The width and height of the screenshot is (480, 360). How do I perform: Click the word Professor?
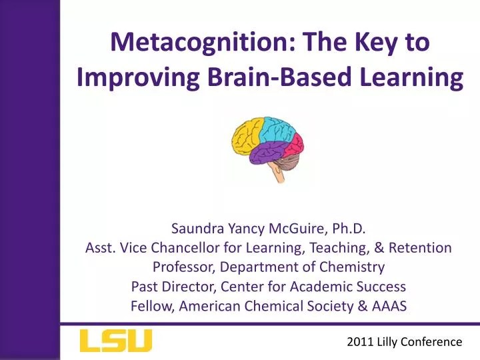click(181, 267)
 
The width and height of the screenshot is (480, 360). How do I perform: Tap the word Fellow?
click(150, 306)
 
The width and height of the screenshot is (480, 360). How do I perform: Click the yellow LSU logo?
click(115, 341)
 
